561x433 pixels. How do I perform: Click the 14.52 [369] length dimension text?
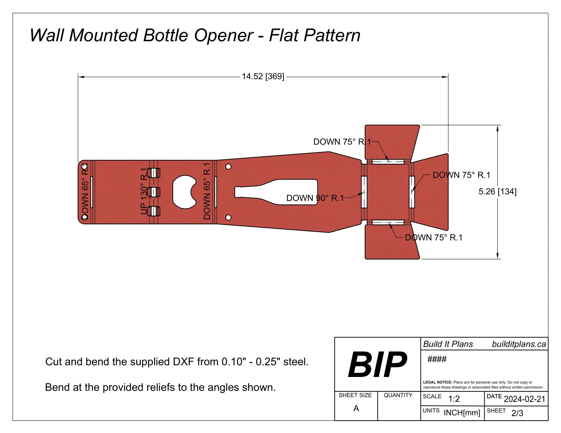click(x=263, y=76)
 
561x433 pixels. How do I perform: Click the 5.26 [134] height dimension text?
click(x=497, y=191)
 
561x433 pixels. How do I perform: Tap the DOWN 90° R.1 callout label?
click(x=315, y=198)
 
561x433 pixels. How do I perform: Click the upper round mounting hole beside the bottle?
click(x=228, y=167)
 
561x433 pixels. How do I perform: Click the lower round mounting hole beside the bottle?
click(x=228, y=218)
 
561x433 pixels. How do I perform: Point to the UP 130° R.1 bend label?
click(x=144, y=191)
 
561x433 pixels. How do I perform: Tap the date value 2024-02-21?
click(x=524, y=399)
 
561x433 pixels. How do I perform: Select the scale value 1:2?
click(x=454, y=399)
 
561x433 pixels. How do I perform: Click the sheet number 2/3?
click(x=517, y=413)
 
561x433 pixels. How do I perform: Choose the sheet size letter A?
click(x=356, y=408)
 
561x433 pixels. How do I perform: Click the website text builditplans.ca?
click(x=519, y=344)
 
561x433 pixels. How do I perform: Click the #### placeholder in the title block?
click(x=437, y=359)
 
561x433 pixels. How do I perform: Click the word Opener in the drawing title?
click(x=223, y=35)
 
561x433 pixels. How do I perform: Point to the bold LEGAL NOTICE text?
click(x=437, y=382)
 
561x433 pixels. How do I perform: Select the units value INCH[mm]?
click(x=462, y=413)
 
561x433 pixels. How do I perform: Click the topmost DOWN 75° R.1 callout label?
click(x=342, y=142)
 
